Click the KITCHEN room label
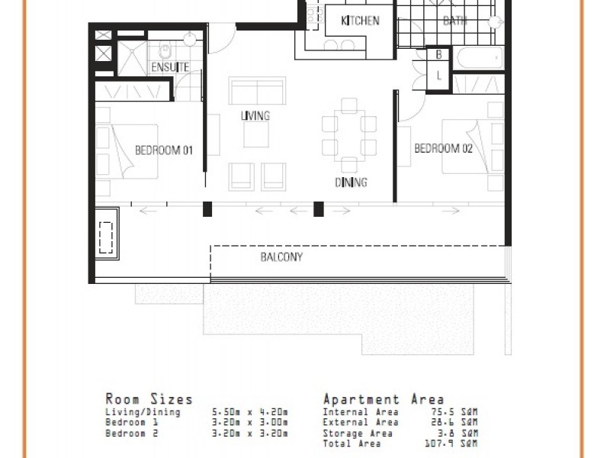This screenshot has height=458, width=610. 359,21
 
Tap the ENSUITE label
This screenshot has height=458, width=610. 169,68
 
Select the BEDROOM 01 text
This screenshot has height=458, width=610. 163,150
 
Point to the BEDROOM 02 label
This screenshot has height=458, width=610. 443,149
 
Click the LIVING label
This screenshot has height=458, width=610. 255,116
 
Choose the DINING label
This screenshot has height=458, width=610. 351,182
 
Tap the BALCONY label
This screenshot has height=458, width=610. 281,257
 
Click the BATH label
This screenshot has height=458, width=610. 455,21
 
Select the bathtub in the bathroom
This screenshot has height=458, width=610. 478,58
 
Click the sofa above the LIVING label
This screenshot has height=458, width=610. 258,92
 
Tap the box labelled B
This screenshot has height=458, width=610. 439,55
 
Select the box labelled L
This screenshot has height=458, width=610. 439,75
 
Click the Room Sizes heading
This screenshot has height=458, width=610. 149,399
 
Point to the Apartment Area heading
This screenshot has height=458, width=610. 383,399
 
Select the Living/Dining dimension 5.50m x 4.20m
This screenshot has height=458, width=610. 249,412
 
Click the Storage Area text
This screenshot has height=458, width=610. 358,433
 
